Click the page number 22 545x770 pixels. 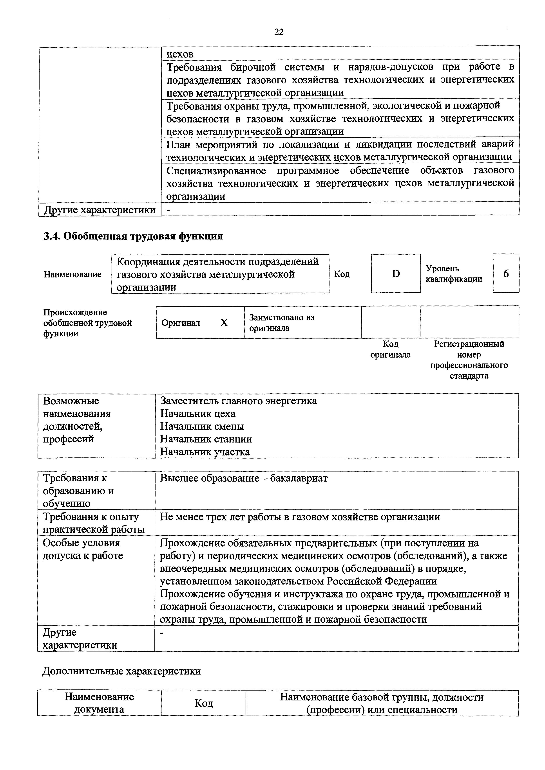point(279,32)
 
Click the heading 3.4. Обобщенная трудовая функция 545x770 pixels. point(133,236)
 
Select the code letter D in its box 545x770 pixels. point(396,274)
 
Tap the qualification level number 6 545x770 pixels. point(506,274)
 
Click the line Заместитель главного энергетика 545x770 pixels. point(238,401)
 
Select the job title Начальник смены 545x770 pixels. point(202,426)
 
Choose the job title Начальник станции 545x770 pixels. point(206,439)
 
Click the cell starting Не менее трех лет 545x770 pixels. point(300,517)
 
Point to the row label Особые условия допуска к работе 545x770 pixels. point(83,549)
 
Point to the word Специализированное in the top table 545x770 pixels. point(216,170)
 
